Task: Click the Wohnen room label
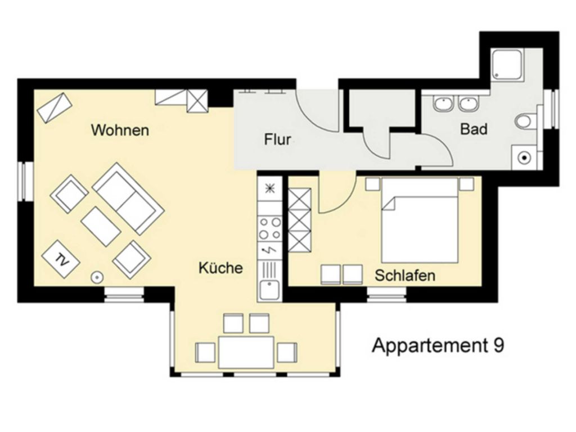click(x=120, y=130)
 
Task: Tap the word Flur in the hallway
click(x=277, y=139)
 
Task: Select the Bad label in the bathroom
click(x=474, y=129)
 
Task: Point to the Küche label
click(x=220, y=267)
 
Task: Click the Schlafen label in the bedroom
click(x=405, y=275)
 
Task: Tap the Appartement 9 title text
click(x=438, y=345)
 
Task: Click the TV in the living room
click(x=61, y=259)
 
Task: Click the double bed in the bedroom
click(x=420, y=220)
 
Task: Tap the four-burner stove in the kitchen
click(x=269, y=228)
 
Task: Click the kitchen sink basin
click(x=269, y=290)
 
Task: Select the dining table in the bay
click(x=246, y=352)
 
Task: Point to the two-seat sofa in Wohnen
click(x=128, y=199)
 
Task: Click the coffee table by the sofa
click(x=101, y=226)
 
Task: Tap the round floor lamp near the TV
click(x=97, y=277)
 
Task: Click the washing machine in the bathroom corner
click(x=525, y=157)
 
